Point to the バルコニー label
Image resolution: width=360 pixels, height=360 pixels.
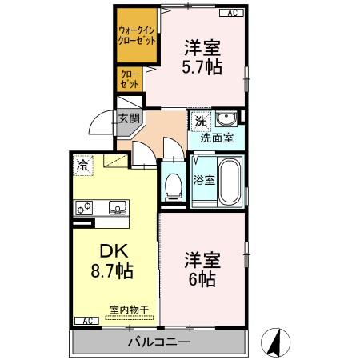pyautogui.click(x=158, y=342)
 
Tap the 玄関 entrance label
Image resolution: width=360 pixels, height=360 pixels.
pyautogui.click(x=128, y=118)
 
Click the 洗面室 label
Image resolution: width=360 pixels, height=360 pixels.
pyautogui.click(x=216, y=138)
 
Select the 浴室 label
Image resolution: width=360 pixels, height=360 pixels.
pyautogui.click(x=204, y=180)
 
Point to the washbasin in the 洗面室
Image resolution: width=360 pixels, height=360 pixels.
pyautogui.click(x=227, y=119)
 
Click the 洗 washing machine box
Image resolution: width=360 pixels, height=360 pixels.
pyautogui.click(x=200, y=121)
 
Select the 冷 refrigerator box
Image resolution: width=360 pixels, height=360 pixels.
pyautogui.click(x=82, y=165)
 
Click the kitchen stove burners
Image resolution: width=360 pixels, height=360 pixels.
pyautogui.click(x=84, y=207)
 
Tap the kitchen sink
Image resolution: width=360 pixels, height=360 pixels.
pyautogui.click(x=117, y=207)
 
